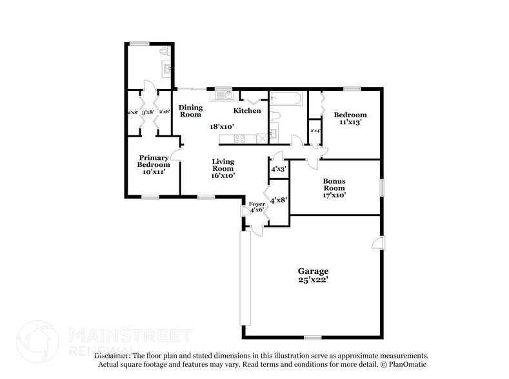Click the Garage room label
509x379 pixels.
tap(313, 271)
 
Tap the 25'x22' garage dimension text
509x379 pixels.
tap(313, 280)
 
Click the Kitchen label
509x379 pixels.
tap(247, 111)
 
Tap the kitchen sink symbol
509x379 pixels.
tap(223, 95)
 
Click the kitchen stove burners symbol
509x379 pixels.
tap(239, 137)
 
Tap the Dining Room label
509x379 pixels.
tap(190, 111)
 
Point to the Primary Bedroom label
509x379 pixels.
tap(154, 161)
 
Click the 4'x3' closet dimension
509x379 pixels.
tap(279, 169)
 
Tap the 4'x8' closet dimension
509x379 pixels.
tap(279, 200)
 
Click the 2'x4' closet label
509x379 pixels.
tap(315, 131)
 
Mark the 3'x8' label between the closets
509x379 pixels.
tap(148, 112)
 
